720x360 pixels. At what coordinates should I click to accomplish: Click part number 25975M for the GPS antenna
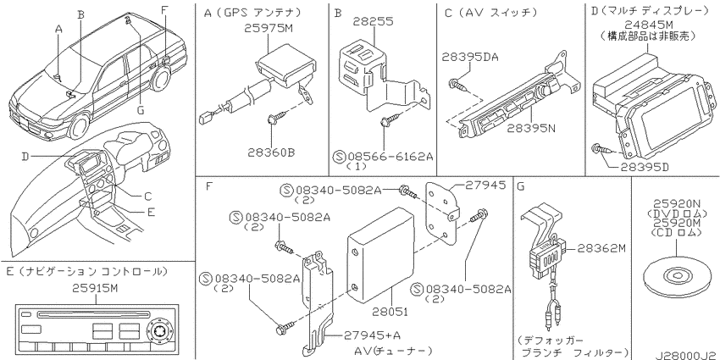(269, 29)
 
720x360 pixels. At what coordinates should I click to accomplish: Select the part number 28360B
(271, 152)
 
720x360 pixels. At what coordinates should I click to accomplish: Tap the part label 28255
(373, 21)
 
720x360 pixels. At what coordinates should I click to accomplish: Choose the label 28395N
(531, 128)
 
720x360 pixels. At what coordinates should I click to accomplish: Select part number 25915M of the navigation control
(97, 288)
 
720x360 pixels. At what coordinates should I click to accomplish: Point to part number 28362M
(601, 248)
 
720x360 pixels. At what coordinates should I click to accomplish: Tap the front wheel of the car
(78, 127)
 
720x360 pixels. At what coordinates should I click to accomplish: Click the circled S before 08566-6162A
(339, 157)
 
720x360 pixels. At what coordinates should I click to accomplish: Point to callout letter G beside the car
(141, 110)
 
